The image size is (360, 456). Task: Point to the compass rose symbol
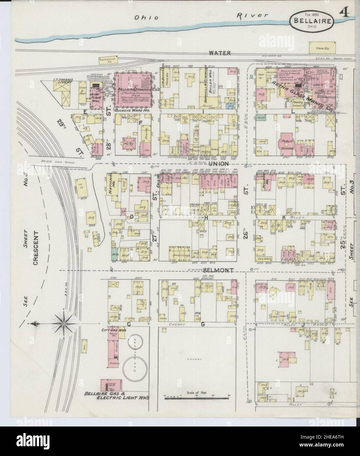(62, 323)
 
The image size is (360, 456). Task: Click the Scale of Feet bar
(196, 398)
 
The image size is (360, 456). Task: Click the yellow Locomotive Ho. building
(108, 60)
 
